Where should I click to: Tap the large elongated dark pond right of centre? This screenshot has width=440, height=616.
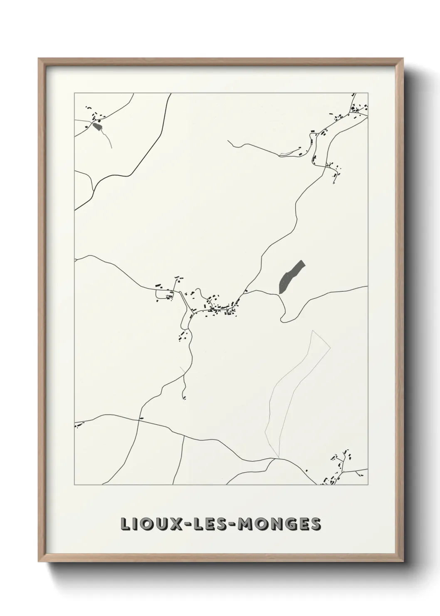point(291,276)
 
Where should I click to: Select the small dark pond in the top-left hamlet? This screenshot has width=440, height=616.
point(97,126)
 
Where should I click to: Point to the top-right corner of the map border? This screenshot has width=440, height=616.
point(368,93)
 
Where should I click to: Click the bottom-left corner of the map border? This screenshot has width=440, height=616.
point(74,485)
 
